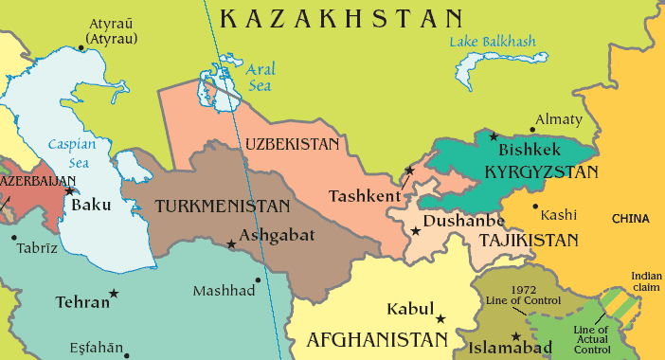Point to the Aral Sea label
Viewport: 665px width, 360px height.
click(260, 78)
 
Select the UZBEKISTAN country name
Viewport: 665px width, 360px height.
click(292, 144)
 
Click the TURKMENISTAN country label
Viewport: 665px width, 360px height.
click(223, 206)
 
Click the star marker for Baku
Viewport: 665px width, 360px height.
click(69, 190)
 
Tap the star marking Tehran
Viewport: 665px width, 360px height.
click(115, 294)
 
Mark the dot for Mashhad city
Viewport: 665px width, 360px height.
click(258, 279)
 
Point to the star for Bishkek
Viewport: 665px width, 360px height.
click(493, 136)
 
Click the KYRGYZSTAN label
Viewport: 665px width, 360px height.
click(541, 172)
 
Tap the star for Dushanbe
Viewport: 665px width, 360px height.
click(415, 229)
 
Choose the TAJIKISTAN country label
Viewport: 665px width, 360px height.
click(528, 240)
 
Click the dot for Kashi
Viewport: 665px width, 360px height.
click(535, 206)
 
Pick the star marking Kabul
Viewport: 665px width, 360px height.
click(440, 318)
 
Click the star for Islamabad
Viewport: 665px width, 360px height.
click(516, 336)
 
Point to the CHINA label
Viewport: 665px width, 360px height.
click(630, 219)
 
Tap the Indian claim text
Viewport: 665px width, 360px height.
click(646, 282)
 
